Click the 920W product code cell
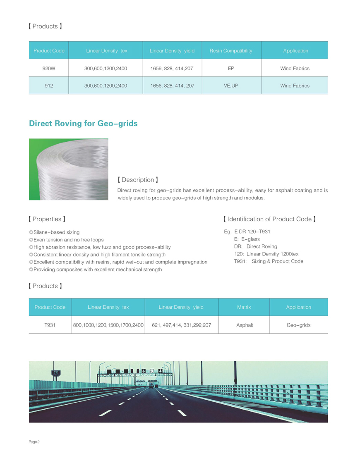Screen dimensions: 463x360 [49, 68]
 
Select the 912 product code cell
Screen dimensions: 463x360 [49, 86]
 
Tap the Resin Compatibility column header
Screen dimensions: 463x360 [230, 51]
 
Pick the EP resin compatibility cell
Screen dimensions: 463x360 [231, 68]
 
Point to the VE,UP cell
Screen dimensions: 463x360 [231, 86]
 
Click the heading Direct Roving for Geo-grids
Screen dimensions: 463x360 [83, 123]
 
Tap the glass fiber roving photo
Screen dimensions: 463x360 [69, 169]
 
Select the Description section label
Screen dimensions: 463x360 [138, 180]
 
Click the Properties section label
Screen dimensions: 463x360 [47, 219]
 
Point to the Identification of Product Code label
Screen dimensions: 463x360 [269, 219]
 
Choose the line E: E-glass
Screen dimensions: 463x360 [247, 239]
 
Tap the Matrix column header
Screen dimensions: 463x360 [244, 307]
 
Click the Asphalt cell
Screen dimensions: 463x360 [245, 325]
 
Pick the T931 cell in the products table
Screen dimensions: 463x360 [50, 325]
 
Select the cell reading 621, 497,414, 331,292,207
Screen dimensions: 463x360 [182, 325]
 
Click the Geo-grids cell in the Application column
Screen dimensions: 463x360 [298, 325]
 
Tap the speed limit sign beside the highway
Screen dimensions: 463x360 [55, 373]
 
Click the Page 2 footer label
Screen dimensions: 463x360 [34, 442]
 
